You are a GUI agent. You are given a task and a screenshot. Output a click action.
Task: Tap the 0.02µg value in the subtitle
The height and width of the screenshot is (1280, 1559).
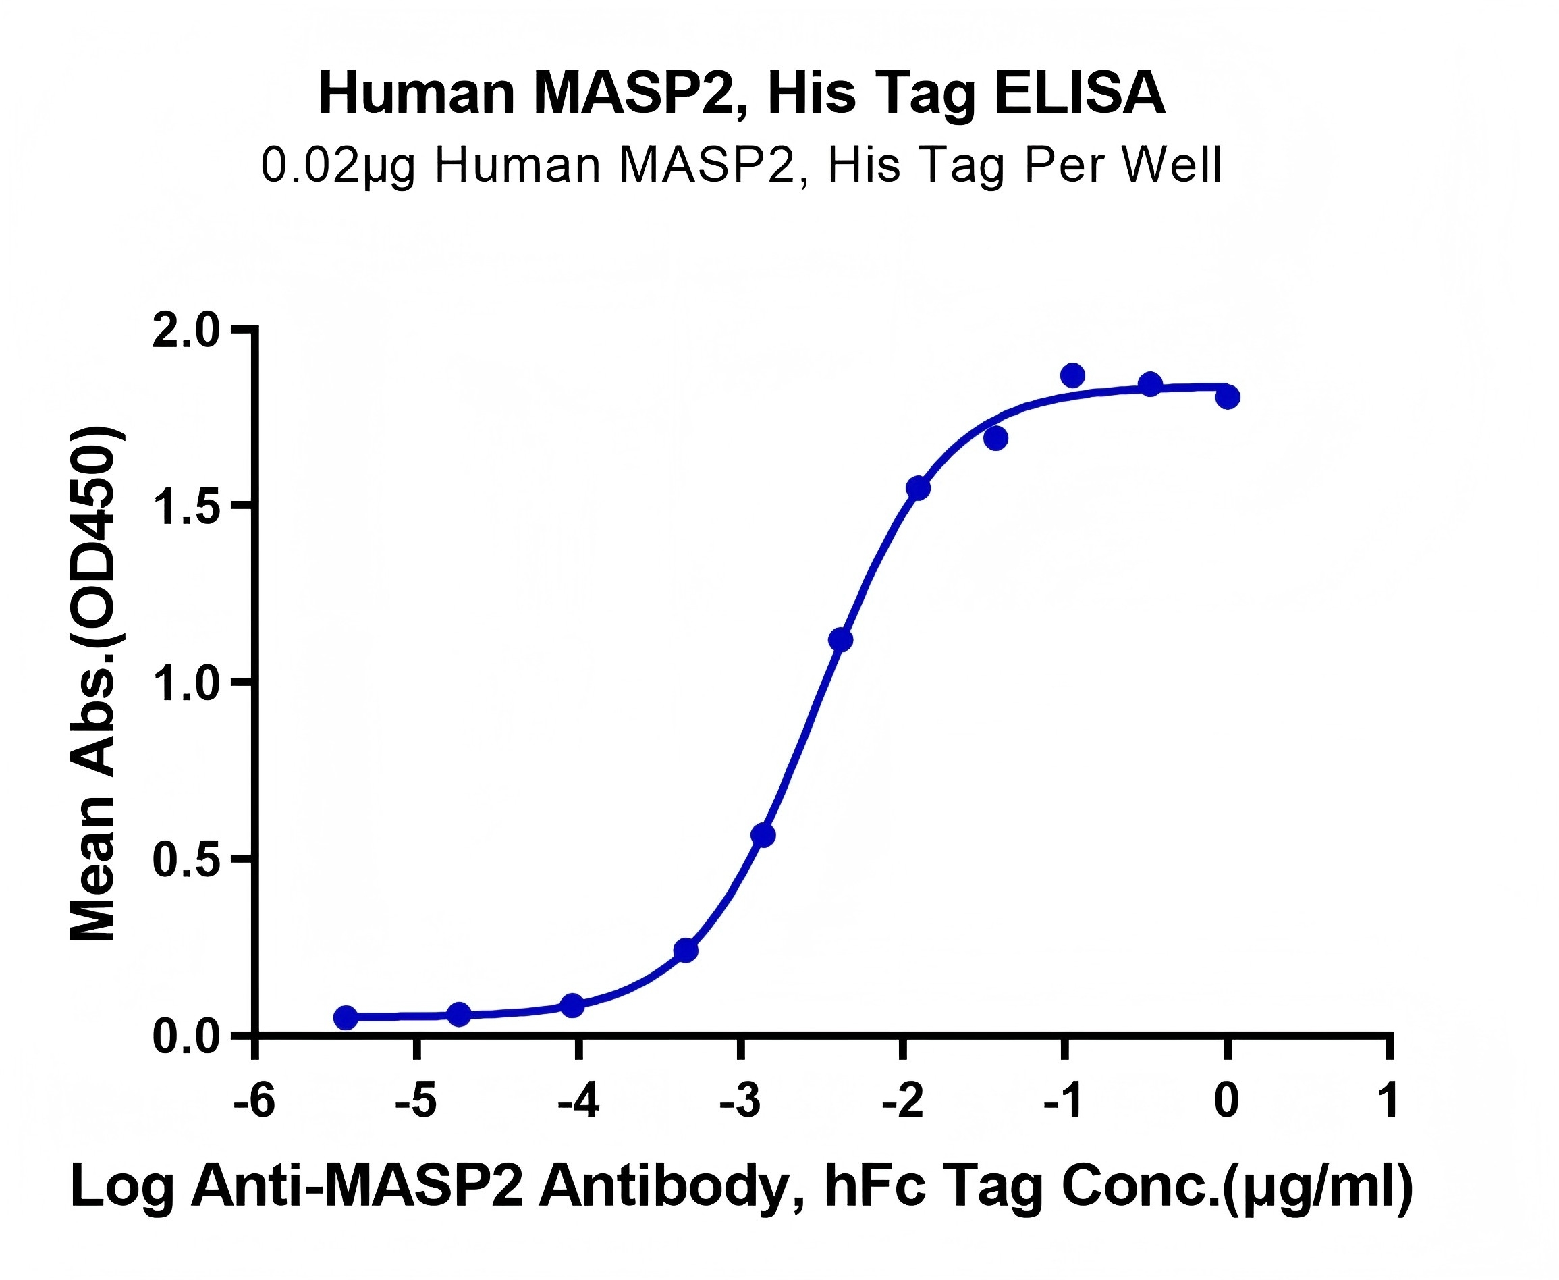coord(337,165)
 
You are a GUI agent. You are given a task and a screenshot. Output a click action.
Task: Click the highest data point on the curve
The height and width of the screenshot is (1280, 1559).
coord(1072,375)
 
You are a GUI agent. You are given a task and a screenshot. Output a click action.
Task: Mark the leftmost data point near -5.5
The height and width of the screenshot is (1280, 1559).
coord(346,1017)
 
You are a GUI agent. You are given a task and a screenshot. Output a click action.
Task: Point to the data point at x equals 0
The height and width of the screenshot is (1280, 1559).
coord(1228,398)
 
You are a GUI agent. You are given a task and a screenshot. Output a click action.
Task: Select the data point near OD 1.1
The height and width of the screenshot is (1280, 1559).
coord(840,640)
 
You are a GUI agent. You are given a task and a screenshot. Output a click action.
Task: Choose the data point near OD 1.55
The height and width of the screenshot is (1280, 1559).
coord(919,488)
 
